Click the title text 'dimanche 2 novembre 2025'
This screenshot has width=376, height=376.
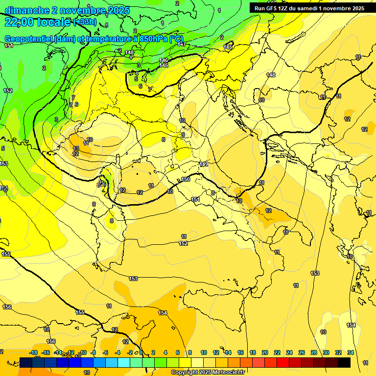(x=67, y=10)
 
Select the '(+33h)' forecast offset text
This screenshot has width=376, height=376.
(x=85, y=22)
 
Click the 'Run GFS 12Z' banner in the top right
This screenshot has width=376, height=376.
(x=309, y=8)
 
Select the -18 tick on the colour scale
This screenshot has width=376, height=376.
(x=34, y=352)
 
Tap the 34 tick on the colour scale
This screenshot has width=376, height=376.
(x=351, y=352)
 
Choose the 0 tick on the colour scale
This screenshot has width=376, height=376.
(x=141, y=352)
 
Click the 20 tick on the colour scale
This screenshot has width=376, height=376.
(x=265, y=352)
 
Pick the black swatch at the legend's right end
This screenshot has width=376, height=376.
(x=344, y=362)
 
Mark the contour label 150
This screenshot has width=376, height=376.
(x=186, y=180)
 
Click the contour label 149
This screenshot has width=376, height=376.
(x=204, y=164)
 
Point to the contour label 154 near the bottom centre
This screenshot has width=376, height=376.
(x=163, y=313)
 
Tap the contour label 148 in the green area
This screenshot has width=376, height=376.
(x=129, y=52)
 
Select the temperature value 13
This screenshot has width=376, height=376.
(x=76, y=148)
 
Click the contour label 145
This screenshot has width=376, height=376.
(x=228, y=47)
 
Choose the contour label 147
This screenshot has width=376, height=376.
(x=181, y=45)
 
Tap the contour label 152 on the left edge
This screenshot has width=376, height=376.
(x=8, y=91)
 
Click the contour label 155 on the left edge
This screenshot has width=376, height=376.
(x=6, y=254)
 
